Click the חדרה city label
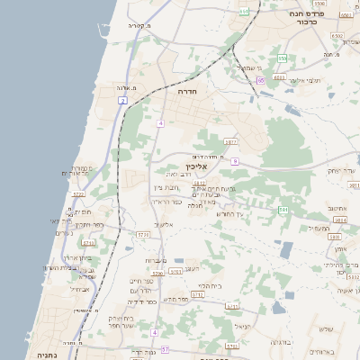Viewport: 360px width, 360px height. pyautogui.click(x=188, y=91)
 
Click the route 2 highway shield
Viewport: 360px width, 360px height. pyautogui.click(x=121, y=101)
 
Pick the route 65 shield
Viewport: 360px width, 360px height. pyautogui.click(x=260, y=80)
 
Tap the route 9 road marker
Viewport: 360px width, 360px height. pyautogui.click(x=234, y=161)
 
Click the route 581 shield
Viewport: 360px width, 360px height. pyautogui.click(x=283, y=210)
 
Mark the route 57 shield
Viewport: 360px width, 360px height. pyautogui.click(x=164, y=347)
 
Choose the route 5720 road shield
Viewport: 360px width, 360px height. pyautogui.click(x=78, y=193)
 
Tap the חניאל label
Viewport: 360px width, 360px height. pyautogui.click(x=239, y=326)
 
